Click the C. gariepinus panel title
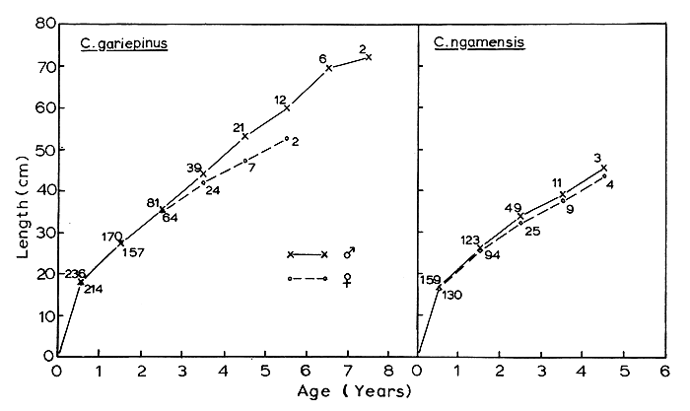(121, 44)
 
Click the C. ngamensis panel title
(472, 44)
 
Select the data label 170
(112, 237)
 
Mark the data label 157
(133, 252)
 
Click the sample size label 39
(194, 168)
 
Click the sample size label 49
(513, 209)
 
